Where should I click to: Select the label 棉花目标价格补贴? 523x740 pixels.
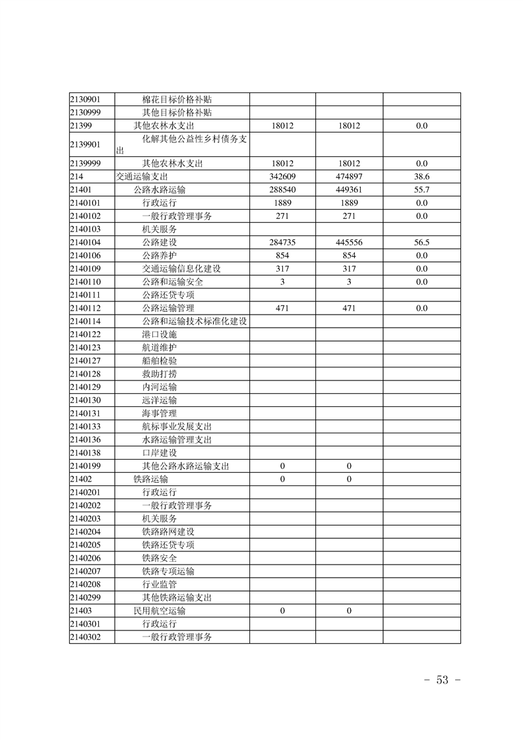[x=181, y=100]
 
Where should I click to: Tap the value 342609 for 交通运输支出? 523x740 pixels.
[x=282, y=177]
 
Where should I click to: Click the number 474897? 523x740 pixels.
[x=349, y=177]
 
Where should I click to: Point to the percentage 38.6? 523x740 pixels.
[x=421, y=177]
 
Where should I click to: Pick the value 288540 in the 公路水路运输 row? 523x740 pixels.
[x=282, y=190]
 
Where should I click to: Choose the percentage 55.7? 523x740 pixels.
[x=421, y=190]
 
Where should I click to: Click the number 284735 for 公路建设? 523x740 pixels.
[x=282, y=243]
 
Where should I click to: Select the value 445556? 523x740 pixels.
[x=349, y=243]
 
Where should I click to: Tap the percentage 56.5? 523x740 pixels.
[x=421, y=243]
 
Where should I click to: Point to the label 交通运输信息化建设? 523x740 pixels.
[x=181, y=269]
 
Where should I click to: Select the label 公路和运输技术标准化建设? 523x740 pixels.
[x=194, y=321]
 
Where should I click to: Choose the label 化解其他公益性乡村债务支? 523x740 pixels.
[x=194, y=139]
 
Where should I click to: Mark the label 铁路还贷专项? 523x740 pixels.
[x=168, y=545]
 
